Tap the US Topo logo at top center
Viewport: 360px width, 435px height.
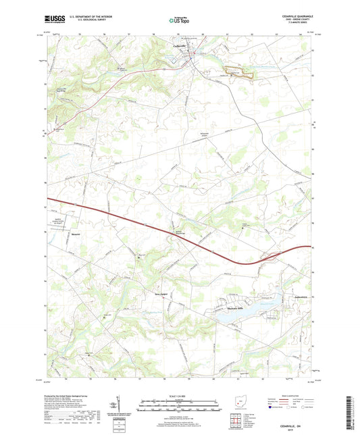(178, 21)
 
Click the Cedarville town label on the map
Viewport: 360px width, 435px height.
(177, 45)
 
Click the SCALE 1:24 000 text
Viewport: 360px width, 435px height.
(180, 396)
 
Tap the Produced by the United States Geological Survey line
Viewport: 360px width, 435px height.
(76, 395)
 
